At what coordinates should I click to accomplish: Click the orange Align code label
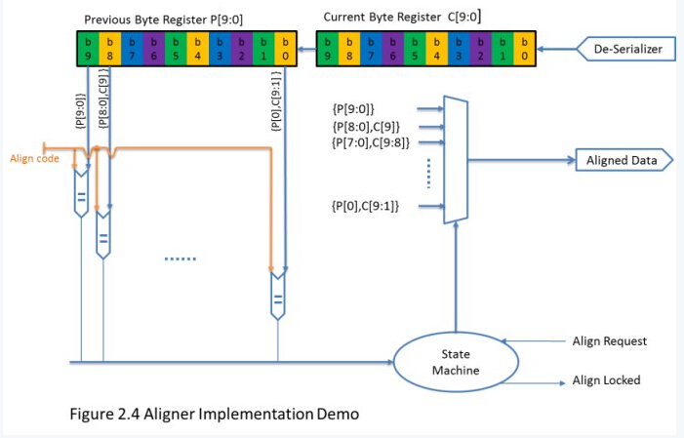click(32, 158)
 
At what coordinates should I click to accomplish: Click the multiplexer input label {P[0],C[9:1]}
click(366, 205)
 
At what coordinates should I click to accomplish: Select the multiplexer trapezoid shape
click(455, 160)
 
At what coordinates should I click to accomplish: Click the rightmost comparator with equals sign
click(278, 295)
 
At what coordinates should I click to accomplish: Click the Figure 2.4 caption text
click(213, 414)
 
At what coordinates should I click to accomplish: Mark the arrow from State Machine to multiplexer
click(455, 283)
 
